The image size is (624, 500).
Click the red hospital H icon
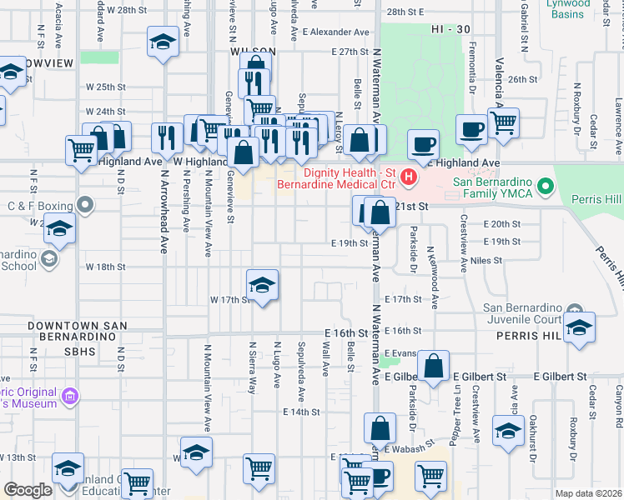[x=409, y=176]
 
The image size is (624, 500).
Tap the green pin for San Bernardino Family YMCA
[x=546, y=184]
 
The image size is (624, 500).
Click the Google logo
[x=28, y=490]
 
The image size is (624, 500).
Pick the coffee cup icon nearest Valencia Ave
[x=471, y=129]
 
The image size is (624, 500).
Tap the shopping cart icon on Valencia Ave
[x=503, y=122]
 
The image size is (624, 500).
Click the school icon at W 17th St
[x=262, y=286]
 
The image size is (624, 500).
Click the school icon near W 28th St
[x=163, y=41]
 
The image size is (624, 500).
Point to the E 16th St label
[x=347, y=332]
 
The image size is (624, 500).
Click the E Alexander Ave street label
[x=335, y=32]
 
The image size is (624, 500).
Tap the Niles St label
[x=486, y=260]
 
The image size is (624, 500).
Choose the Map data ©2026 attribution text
[x=588, y=493]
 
